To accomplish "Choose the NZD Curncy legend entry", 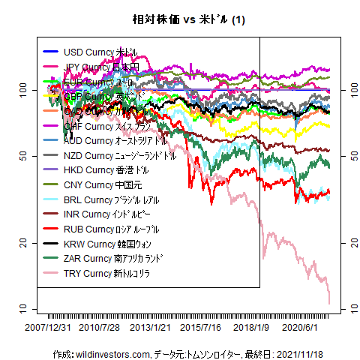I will tap(120, 155).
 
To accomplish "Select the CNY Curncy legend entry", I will tap(101, 184).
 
